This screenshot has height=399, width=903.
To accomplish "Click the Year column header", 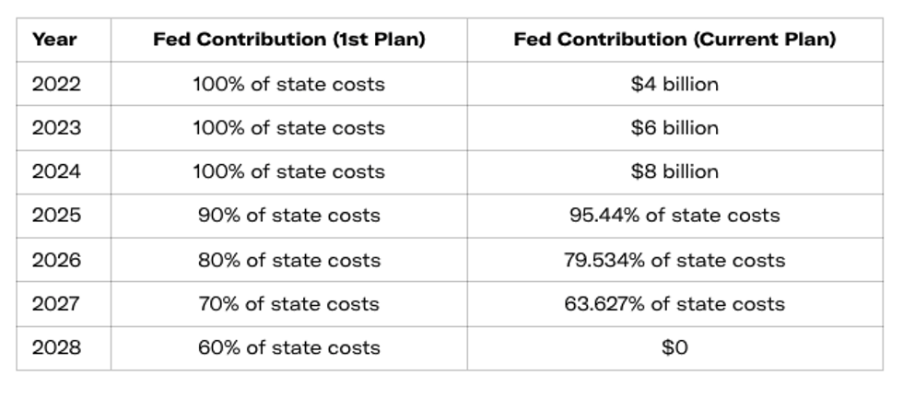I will [54, 40].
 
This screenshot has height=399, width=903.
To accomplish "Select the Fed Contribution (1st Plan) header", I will [288, 40].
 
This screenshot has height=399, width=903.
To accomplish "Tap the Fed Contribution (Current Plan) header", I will [674, 40].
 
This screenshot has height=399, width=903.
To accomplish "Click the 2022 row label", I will [56, 84].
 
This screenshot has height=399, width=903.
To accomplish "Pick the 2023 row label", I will [56, 128].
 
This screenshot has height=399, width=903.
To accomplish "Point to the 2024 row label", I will [56, 171].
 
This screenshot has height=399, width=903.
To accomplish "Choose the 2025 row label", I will [56, 216].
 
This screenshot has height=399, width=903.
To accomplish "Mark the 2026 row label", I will [56, 260].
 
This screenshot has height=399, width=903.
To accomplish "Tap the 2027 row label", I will [56, 304].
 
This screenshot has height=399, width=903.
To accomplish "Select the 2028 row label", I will [56, 347].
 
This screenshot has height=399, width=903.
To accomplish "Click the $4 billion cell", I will [674, 84].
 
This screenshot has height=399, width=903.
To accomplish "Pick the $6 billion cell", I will [674, 128].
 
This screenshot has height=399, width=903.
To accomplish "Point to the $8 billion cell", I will [674, 171].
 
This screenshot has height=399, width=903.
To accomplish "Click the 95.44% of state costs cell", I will [674, 216].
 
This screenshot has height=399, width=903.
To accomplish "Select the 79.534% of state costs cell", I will [674, 260].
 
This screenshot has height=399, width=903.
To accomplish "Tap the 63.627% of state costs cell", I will [674, 304].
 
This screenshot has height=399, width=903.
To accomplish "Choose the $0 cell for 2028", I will [674, 347].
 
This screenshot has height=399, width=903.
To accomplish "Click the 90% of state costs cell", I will [288, 216].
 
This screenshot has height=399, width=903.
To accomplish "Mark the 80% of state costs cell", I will [288, 260].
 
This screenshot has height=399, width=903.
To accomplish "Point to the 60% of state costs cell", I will [288, 347].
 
